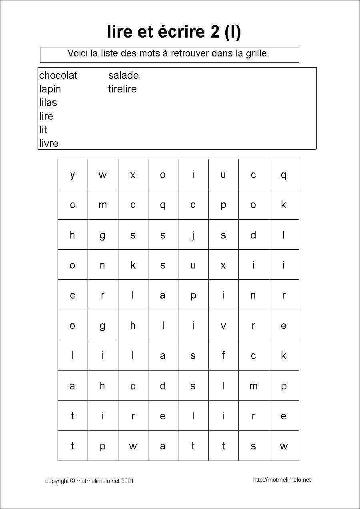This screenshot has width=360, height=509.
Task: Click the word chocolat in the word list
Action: tap(58, 76)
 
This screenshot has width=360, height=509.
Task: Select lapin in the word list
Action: tap(50, 89)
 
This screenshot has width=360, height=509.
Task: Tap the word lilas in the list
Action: tap(48, 103)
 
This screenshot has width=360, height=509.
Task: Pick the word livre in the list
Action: tap(49, 143)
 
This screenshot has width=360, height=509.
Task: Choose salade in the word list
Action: tap(123, 76)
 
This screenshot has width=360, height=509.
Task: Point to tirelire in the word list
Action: tap(122, 89)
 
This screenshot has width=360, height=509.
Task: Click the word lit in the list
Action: tap(43, 130)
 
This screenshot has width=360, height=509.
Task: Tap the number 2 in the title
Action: tap(215, 32)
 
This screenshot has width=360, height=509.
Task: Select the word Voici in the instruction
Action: tap(78, 53)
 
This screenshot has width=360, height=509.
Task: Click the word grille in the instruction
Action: tap(256, 53)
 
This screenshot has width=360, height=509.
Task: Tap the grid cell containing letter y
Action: tap(72, 174)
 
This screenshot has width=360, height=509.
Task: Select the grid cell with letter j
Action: tap(193, 235)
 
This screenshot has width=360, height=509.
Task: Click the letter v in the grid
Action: tap(223, 325)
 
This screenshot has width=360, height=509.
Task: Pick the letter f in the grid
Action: tap(223, 355)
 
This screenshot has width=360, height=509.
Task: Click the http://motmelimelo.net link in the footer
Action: tap(282, 480)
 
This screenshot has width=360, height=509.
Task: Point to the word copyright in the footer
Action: tap(57, 481)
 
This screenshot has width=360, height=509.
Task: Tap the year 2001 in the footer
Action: tap(127, 481)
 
